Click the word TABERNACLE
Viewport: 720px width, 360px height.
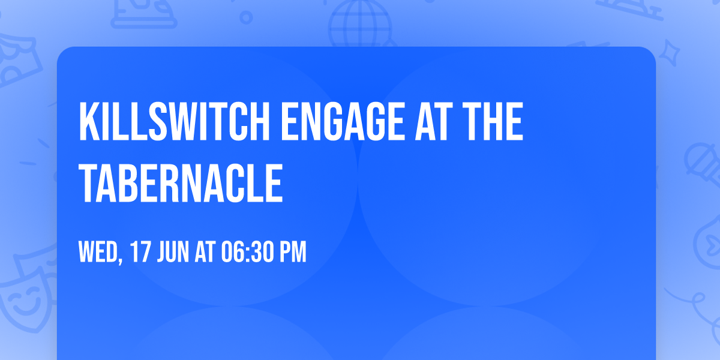pos(181,182)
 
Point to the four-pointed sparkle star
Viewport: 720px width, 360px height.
pos(670,52)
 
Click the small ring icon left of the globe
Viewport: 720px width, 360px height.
pos(246,17)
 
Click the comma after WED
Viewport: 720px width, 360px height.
pos(121,261)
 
